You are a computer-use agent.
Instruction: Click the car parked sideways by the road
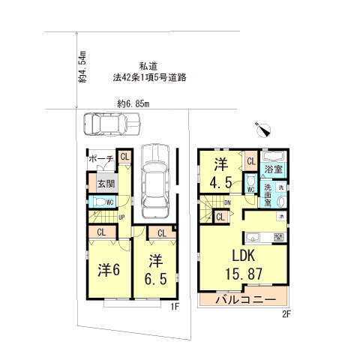tap(104, 122)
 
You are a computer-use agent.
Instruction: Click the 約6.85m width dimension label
tap(134, 103)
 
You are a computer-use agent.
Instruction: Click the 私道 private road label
tap(148, 65)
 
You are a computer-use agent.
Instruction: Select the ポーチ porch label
tap(101, 159)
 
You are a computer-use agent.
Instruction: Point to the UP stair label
tap(121, 218)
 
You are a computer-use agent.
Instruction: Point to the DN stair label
tap(226, 202)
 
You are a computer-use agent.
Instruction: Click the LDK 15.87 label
tap(242, 263)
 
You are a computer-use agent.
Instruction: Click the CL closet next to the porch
tap(124, 157)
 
